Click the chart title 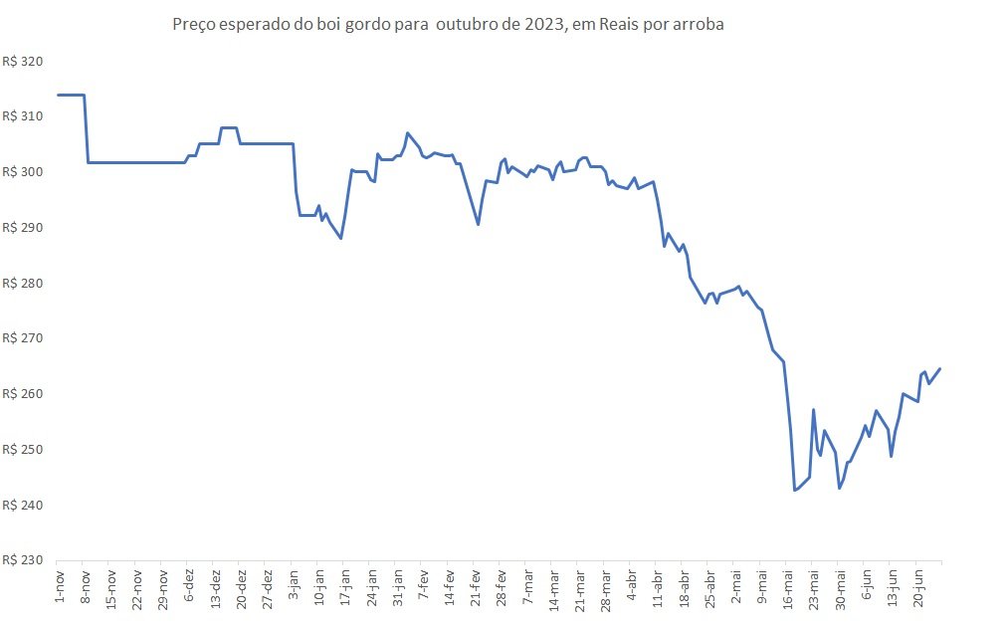(x=448, y=25)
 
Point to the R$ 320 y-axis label (x=23, y=62)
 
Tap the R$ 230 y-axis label (x=23, y=560)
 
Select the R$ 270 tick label (x=23, y=338)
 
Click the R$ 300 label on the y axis (x=23, y=172)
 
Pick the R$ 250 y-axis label (x=23, y=449)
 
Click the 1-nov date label (x=60, y=586)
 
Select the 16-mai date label (x=787, y=588)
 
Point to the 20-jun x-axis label (x=917, y=588)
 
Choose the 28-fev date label (x=502, y=588)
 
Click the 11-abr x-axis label (x=658, y=588)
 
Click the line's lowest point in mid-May (x=795, y=491)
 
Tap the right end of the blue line (x=940, y=369)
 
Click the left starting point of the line (x=59, y=96)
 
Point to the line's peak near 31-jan (x=407, y=133)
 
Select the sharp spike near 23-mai (x=814, y=409)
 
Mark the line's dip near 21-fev (x=478, y=224)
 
